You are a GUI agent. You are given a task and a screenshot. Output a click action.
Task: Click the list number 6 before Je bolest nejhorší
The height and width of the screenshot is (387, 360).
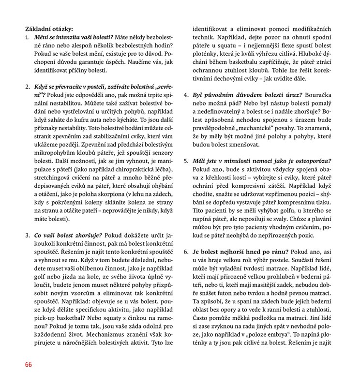[x=187, y=251]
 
